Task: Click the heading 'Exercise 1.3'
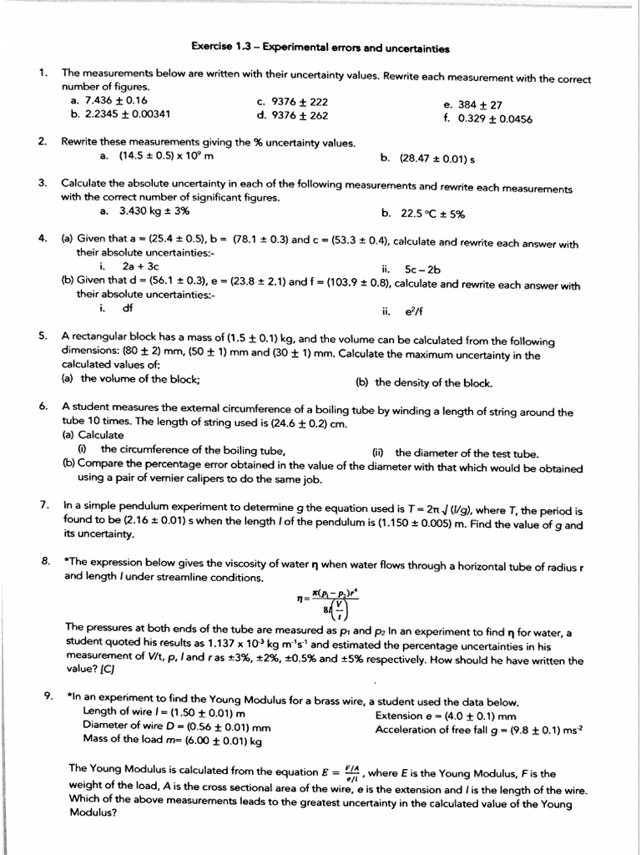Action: point(223,48)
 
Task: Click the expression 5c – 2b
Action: point(422,269)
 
